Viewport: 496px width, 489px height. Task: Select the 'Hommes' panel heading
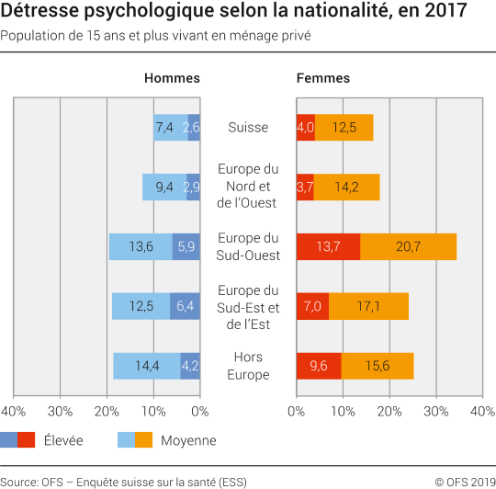pyautogui.click(x=172, y=78)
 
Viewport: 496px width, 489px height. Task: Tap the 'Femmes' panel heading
pyautogui.click(x=322, y=78)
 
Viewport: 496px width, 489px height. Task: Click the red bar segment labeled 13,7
pyautogui.click(x=328, y=247)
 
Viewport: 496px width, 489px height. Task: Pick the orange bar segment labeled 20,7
pyautogui.click(x=408, y=247)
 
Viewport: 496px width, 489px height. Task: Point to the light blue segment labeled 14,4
pyautogui.click(x=147, y=366)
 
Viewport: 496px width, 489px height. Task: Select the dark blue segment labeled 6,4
pyautogui.click(x=186, y=306)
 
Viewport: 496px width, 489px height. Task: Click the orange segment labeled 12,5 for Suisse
pyautogui.click(x=344, y=128)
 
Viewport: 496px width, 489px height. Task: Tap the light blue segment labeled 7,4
pyautogui.click(x=170, y=128)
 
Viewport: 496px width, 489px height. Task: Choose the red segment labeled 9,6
pyautogui.click(x=319, y=366)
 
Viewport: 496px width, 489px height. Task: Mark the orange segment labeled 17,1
pyautogui.click(x=368, y=306)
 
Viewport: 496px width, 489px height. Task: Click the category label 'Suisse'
pyautogui.click(x=248, y=128)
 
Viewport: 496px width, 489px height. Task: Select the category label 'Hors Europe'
pyautogui.click(x=248, y=366)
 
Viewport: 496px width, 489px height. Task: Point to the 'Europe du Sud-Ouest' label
pyautogui.click(x=248, y=246)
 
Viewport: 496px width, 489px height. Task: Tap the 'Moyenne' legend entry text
pyautogui.click(x=188, y=440)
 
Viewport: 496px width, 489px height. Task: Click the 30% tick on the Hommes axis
pyautogui.click(x=60, y=411)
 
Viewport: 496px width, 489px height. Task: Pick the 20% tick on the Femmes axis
pyautogui.click(x=389, y=411)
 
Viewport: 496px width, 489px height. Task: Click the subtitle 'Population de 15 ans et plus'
pyautogui.click(x=155, y=36)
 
